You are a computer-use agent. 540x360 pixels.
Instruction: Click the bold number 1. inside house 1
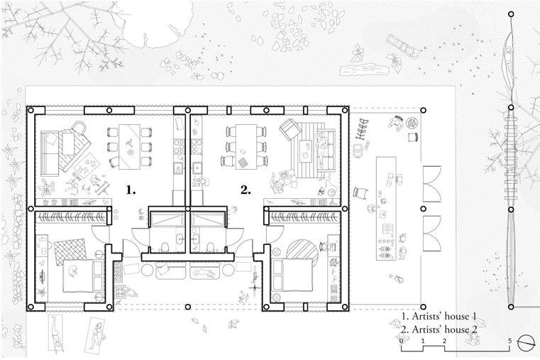pos(131,190)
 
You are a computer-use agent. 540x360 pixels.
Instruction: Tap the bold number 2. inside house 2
pos(246,190)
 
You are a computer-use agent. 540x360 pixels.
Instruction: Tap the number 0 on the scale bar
pos(402,341)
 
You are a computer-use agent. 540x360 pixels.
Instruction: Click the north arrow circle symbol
pos(526,341)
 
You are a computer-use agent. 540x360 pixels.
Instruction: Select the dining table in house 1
pos(129,146)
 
